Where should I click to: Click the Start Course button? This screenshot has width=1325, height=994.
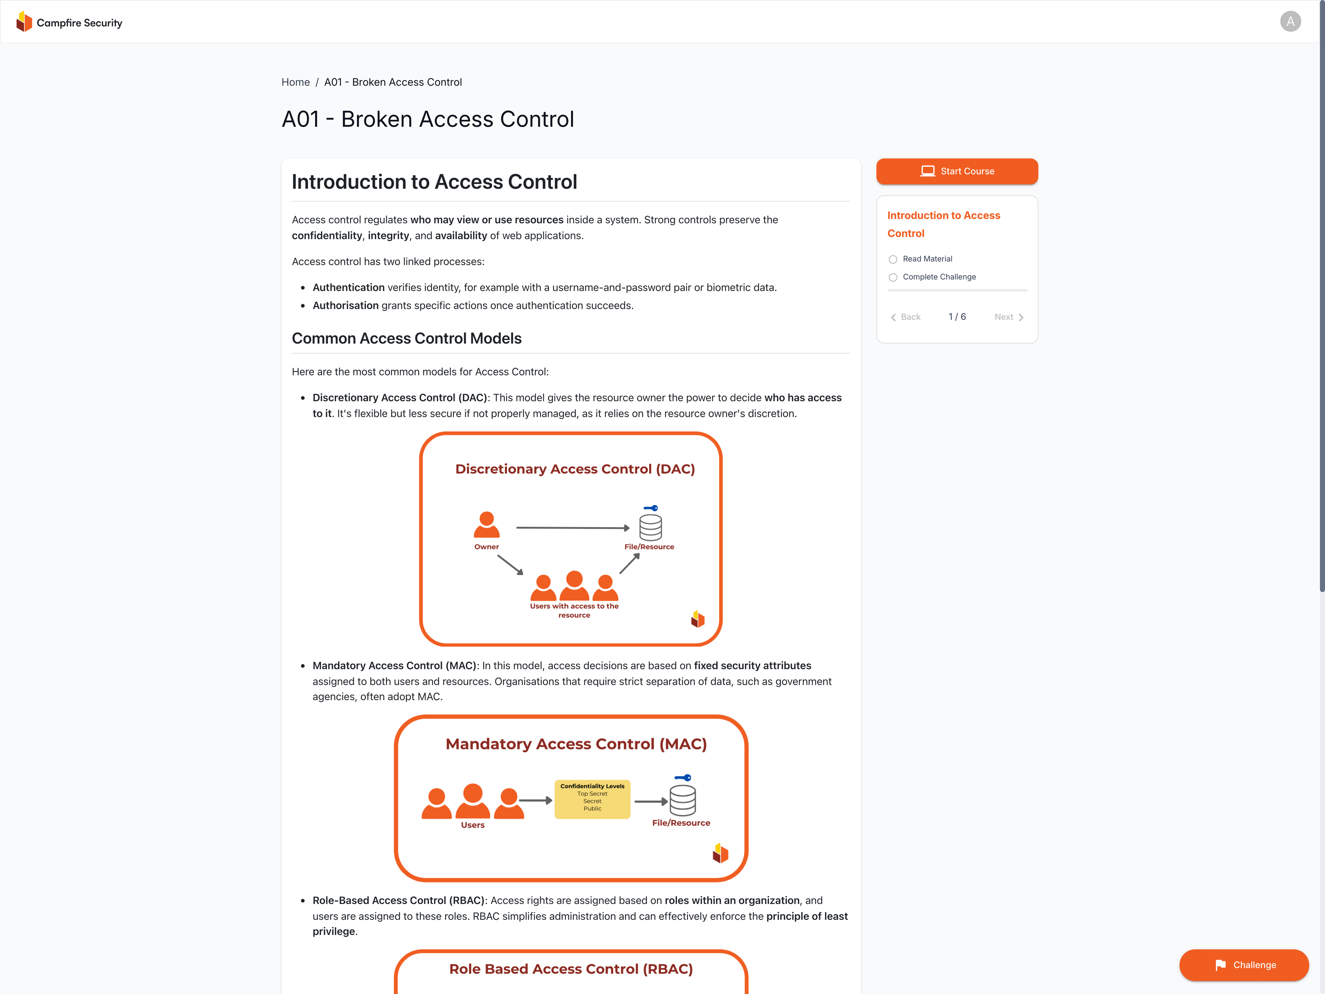coord(956,171)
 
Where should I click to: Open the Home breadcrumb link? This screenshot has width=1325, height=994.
coord(295,82)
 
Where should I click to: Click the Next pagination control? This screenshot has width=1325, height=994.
coord(1009,317)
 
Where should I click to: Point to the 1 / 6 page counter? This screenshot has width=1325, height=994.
coord(956,317)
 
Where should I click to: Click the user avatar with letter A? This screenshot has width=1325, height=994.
coord(1290,21)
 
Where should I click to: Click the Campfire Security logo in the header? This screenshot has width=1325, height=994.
coord(69,22)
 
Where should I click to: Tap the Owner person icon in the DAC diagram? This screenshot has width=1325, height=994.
coord(487,525)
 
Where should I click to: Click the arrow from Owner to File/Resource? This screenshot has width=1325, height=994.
coord(572,528)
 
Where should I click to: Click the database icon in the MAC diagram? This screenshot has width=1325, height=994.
coord(682,800)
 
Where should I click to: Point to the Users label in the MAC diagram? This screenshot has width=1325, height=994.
coord(473,825)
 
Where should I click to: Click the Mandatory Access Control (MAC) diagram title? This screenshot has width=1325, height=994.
coord(576,744)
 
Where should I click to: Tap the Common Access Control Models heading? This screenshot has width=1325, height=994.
coord(406,339)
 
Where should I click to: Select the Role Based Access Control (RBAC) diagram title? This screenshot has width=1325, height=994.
coord(571,969)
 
